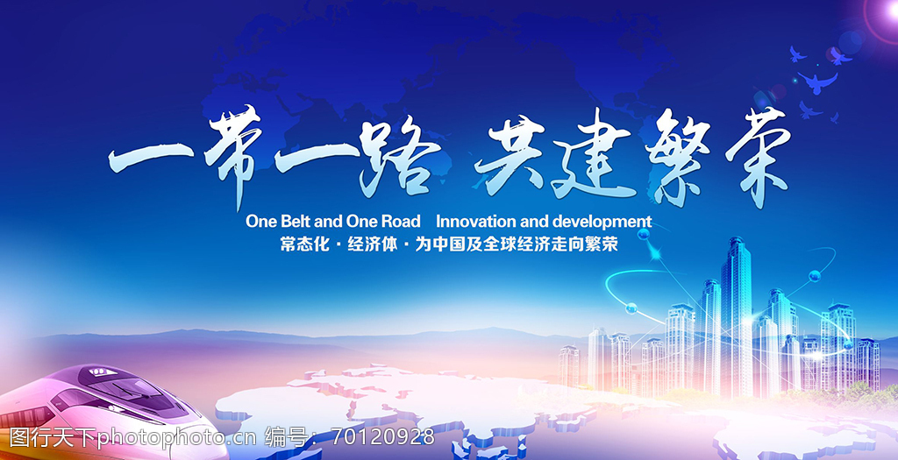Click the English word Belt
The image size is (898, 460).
pos(296,222)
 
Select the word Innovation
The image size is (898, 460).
pos(475,222)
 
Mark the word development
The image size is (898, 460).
pos(602,223)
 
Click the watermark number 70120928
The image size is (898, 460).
pos(383,437)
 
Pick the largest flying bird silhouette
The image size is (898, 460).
pos(818,81)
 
